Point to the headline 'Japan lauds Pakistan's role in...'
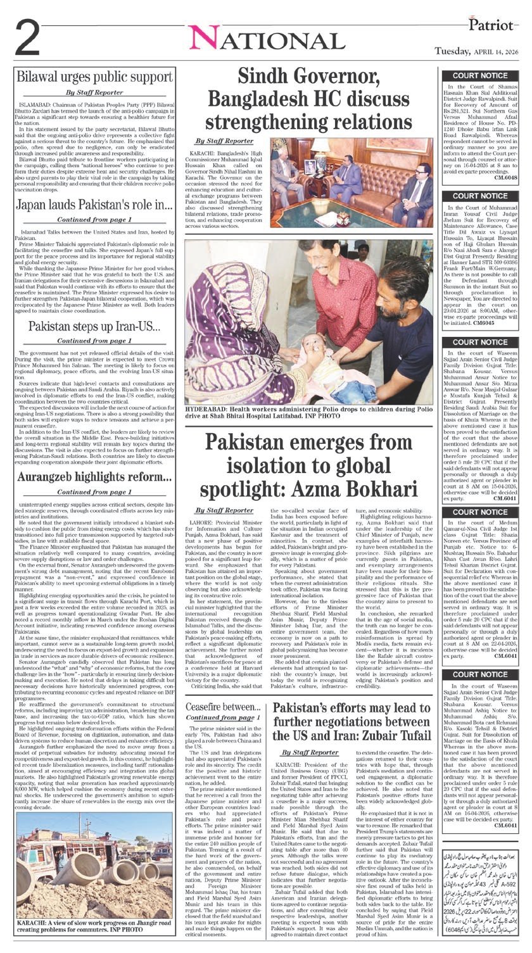pos(94,205)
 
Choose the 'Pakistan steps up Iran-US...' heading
pos(94,327)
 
